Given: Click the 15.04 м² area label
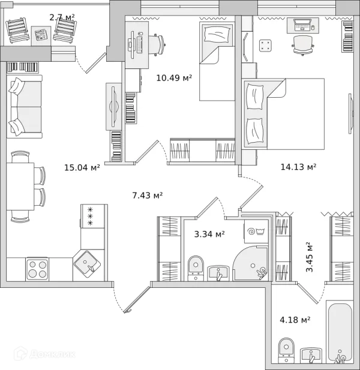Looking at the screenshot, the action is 82,167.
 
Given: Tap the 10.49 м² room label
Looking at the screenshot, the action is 174,77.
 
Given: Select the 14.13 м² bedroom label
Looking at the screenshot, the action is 298,167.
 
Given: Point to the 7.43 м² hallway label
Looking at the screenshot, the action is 148,195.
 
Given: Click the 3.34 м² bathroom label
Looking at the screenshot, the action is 209,234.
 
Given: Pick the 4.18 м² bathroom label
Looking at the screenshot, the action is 295,320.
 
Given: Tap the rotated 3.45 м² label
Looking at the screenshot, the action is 309,257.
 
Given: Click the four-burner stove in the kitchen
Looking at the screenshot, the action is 37,269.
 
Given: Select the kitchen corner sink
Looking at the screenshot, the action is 87,264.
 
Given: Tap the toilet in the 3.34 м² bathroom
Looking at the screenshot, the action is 196,268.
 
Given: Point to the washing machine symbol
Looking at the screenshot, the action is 256,231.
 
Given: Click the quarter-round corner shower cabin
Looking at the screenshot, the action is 251,263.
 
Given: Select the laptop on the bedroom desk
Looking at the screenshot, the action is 302,25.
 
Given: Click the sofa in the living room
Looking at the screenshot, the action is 25,107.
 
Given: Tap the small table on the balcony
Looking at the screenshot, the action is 41,35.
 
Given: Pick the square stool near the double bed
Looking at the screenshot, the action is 265,46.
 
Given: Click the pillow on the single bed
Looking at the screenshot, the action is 217,34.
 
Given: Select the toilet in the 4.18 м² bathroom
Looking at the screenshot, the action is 286,350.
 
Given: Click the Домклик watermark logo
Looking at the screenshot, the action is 44,354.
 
